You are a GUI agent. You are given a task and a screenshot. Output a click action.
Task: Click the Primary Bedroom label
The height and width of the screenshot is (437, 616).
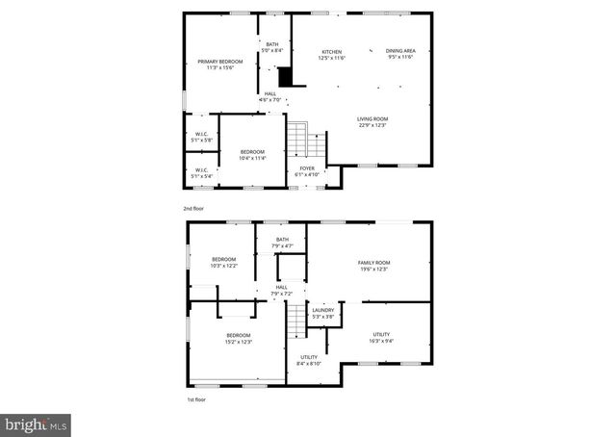pyautogui.click(x=220, y=64)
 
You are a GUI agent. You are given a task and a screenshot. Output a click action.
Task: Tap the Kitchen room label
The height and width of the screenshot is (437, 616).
pyautogui.click(x=331, y=54)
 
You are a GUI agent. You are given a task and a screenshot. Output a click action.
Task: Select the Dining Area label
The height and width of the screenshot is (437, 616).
pyautogui.click(x=399, y=54)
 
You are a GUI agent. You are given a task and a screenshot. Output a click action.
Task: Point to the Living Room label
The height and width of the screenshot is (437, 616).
pyautogui.click(x=372, y=122)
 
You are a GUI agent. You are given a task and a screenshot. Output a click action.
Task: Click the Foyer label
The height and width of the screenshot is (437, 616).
pyautogui.click(x=307, y=171)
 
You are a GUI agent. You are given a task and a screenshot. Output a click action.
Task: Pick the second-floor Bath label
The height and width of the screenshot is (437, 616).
pyautogui.click(x=272, y=47)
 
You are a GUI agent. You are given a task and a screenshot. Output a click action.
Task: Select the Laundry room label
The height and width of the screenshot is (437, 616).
pyautogui.click(x=323, y=313)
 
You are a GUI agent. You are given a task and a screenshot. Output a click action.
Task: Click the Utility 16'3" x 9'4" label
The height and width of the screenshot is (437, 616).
pyautogui.click(x=380, y=337)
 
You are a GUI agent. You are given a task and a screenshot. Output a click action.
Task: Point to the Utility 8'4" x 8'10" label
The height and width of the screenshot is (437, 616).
pyautogui.click(x=308, y=360)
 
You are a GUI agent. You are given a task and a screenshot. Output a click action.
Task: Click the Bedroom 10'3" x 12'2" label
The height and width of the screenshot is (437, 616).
pyautogui.click(x=223, y=262)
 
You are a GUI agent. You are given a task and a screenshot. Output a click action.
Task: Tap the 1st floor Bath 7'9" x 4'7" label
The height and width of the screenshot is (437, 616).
pyautogui.click(x=282, y=243)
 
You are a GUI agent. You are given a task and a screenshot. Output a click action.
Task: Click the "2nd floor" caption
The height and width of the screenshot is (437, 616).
pyautogui.click(x=193, y=208)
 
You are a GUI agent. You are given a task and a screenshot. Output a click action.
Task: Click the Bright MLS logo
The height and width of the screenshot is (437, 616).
pyautogui.click(x=37, y=423)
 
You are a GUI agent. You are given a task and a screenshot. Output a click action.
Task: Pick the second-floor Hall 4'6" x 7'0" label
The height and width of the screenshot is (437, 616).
pyautogui.click(x=270, y=96)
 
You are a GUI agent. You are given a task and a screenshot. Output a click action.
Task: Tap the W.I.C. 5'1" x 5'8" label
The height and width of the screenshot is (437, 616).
pyautogui.click(x=202, y=137)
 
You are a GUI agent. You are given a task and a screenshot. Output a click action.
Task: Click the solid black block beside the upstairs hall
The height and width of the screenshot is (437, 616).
pyautogui.click(x=285, y=78)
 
